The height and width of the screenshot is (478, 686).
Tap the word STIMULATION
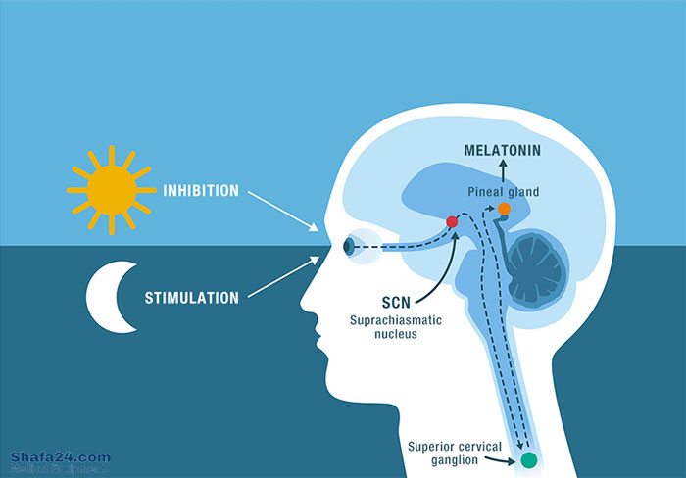click(190, 296)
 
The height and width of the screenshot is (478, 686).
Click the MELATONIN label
click(504, 150)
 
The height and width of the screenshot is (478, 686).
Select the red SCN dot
click(452, 223)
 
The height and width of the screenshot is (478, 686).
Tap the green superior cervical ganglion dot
click(530, 458)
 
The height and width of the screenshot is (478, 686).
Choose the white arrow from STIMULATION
click(282, 275)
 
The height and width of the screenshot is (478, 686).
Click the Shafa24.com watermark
click(60, 457)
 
